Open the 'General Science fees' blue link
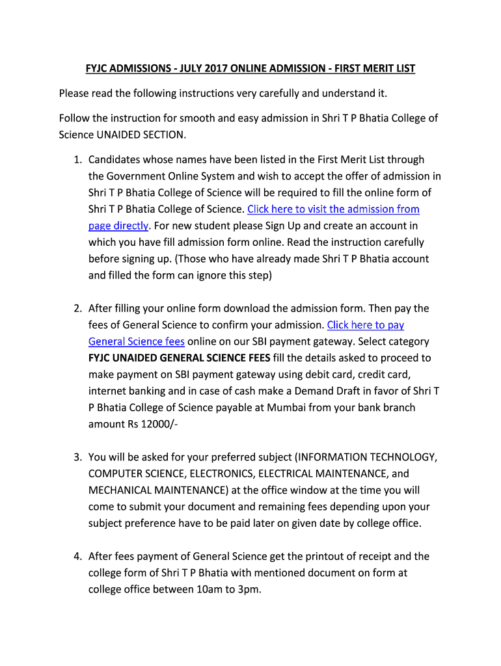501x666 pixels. pos(137,341)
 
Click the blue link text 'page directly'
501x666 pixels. pos(118,226)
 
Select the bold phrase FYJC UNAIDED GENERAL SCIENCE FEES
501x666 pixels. pos(180,358)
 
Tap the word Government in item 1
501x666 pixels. pos(136,176)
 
